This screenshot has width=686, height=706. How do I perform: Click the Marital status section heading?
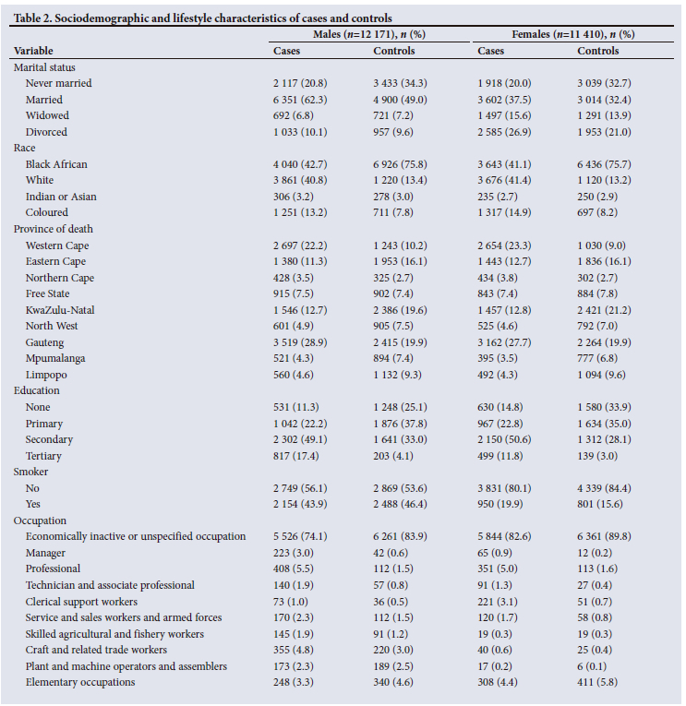tap(44, 67)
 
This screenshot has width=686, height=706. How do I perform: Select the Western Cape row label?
tap(57, 245)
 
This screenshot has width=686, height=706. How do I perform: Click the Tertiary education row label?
tap(45, 456)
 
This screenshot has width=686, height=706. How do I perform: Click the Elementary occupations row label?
tap(80, 682)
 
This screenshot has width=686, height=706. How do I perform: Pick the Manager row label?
tap(46, 553)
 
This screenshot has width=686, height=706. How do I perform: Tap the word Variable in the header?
tap(33, 51)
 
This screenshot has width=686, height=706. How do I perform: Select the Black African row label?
tap(56, 164)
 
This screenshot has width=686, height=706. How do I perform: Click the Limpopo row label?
tap(46, 375)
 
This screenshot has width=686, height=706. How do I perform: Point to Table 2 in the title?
tap(35, 18)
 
